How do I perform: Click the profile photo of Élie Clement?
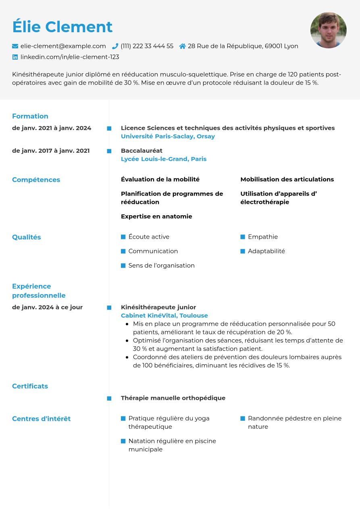click(328, 30)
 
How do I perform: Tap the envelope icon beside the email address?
click(15, 46)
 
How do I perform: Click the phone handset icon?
click(115, 46)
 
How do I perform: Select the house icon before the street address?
click(183, 46)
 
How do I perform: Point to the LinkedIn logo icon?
click(15, 57)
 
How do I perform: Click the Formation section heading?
click(30, 116)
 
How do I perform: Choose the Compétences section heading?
click(36, 180)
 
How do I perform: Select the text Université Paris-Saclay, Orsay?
click(168, 136)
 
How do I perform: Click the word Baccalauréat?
click(142, 150)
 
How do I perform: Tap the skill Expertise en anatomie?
click(156, 216)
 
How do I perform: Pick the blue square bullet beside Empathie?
click(243, 237)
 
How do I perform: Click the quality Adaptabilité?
click(266, 251)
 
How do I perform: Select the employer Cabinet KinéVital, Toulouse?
click(164, 316)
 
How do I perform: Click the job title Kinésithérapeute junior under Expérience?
click(158, 307)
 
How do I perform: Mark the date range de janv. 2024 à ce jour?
click(47, 307)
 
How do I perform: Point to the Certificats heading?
click(30, 386)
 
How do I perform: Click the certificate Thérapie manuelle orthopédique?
click(173, 398)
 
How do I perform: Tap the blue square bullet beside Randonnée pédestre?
click(243, 418)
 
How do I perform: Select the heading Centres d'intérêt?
click(41, 419)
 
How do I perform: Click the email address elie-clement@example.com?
click(63, 46)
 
